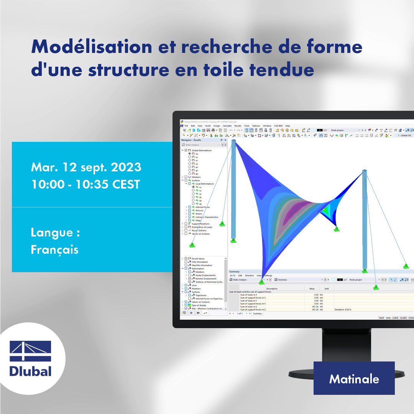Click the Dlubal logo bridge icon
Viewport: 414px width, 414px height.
click(30, 351)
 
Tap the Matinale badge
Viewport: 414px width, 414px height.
click(354, 379)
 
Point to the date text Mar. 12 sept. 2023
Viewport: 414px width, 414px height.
click(86, 168)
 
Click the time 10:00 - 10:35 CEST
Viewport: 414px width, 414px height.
click(85, 184)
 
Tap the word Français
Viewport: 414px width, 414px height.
click(54, 250)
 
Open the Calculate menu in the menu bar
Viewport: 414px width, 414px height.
click(227, 126)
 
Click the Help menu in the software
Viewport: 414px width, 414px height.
click(287, 126)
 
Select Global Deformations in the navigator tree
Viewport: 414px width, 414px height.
click(202, 150)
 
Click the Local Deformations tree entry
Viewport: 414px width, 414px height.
click(205, 184)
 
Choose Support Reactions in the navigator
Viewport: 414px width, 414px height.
click(200, 223)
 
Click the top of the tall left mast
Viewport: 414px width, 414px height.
click(233, 141)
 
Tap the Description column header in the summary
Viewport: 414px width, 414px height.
click(272, 289)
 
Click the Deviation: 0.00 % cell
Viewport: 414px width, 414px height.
click(343, 309)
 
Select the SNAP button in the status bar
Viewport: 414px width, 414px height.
click(381, 318)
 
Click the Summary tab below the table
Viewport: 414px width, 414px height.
click(257, 314)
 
